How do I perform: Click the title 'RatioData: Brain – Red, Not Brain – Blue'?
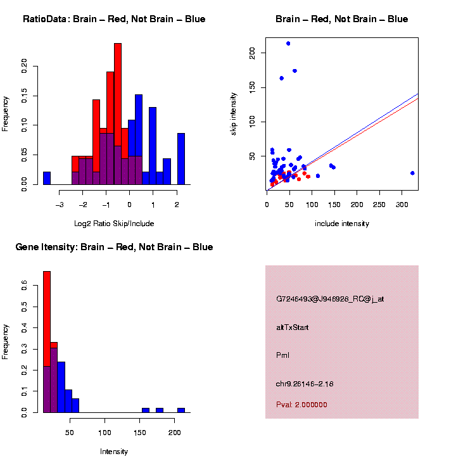114,19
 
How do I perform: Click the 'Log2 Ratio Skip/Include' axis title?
114,224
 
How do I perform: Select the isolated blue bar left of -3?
47,178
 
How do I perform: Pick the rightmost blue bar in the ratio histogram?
181,158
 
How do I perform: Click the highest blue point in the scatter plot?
288,44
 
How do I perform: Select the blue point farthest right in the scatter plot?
412,173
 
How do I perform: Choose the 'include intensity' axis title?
342,224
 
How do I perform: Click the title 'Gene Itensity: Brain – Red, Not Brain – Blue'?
114,247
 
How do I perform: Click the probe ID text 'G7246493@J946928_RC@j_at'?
330,299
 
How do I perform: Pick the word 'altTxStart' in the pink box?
293,327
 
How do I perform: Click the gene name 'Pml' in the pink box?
282,355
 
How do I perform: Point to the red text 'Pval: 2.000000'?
301,404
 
